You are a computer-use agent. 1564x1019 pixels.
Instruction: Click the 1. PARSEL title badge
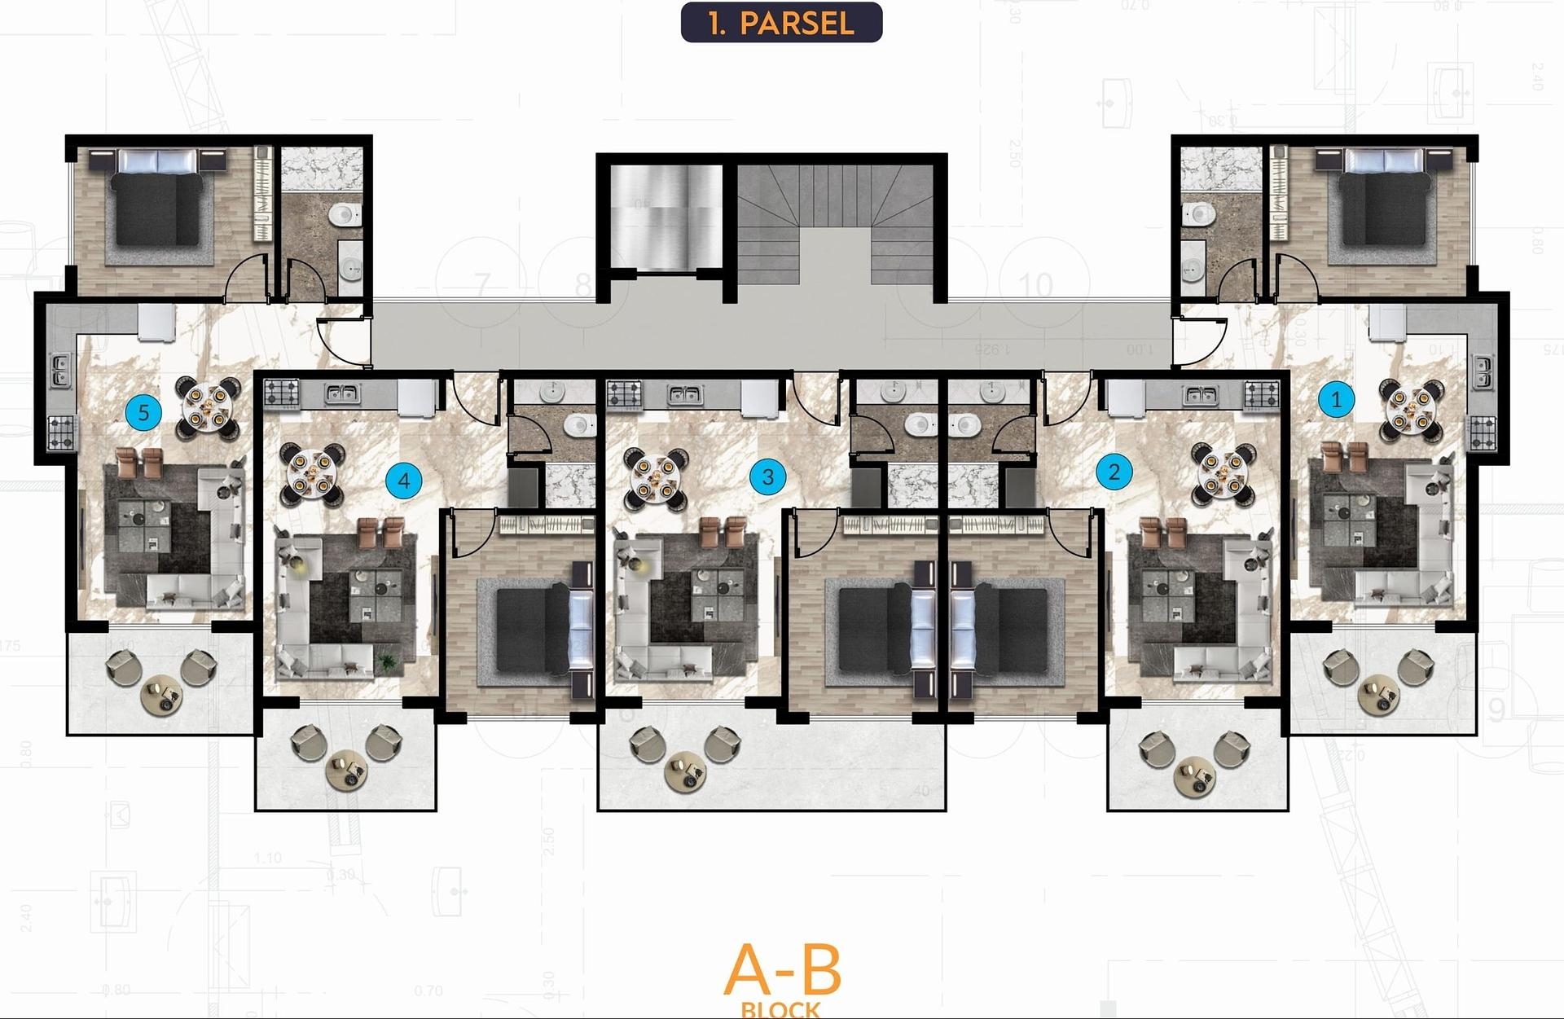click(781, 23)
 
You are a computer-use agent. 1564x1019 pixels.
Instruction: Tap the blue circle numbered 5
click(143, 412)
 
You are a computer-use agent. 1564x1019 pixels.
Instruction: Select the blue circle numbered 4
click(403, 481)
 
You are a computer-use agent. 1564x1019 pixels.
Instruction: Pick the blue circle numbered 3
click(767, 476)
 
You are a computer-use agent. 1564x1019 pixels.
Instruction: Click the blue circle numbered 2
click(1114, 472)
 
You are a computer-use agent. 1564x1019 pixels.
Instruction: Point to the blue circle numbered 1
click(1335, 400)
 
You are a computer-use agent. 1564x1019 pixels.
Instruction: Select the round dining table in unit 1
click(1410, 410)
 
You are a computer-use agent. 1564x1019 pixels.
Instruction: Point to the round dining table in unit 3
click(656, 478)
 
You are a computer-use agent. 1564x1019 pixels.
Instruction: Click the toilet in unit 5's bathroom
click(345, 214)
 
